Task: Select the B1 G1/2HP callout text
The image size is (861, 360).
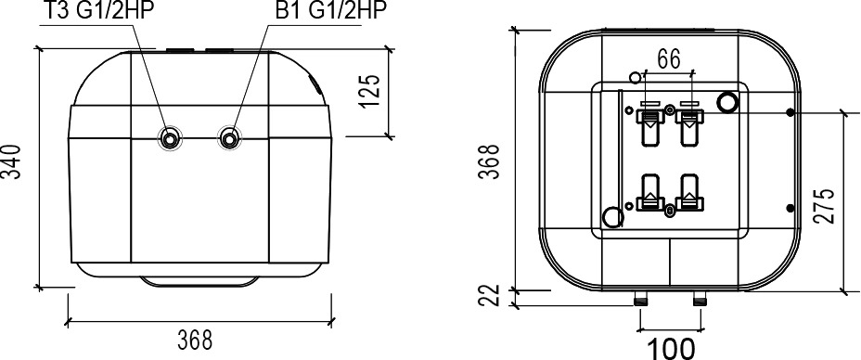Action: click(331, 10)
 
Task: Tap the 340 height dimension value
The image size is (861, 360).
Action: click(12, 161)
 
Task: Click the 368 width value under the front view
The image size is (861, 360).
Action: click(195, 341)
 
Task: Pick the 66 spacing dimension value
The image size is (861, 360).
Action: click(669, 59)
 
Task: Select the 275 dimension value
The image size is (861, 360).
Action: click(825, 206)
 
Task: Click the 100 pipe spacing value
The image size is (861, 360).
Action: click(672, 349)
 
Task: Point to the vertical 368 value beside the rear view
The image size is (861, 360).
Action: click(489, 161)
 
